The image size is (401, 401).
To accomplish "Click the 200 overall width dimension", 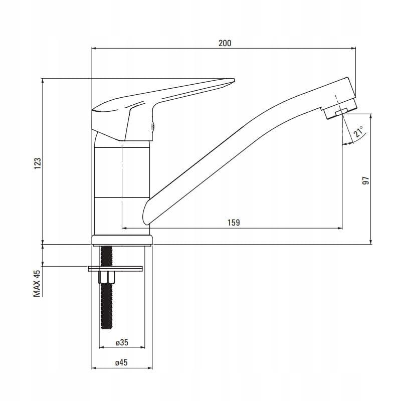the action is coord(225,43).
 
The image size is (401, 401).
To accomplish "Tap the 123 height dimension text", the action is coord(38,163).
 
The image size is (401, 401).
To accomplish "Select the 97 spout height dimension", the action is coord(366,180).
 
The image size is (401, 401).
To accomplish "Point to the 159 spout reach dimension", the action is coord(234,223).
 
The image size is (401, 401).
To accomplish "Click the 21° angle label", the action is coord(358,132).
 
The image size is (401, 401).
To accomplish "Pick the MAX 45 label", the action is coord(37,283).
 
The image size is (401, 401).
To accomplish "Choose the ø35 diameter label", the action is coord(122,342).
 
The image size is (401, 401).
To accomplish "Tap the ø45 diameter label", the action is coord(121,362).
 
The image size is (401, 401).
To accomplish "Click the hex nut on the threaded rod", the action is coord(107,277).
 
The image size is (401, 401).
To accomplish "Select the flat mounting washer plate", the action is coord(115,269).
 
